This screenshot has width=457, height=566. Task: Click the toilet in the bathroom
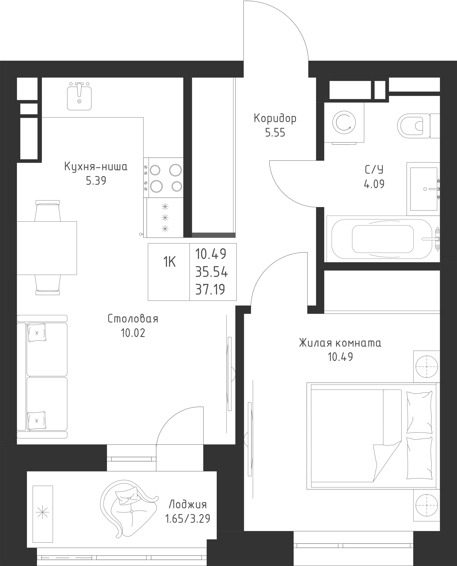coord(419,126)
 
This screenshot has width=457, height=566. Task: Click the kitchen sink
coord(79,96)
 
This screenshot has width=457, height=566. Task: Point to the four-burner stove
coord(163,178)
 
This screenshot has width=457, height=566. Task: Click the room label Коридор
coord(275,119)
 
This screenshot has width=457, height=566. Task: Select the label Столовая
coord(133,319)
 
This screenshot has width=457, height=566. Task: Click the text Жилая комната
coord(340,343)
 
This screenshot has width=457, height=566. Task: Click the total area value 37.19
coord(210,290)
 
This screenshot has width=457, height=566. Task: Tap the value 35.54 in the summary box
coord(211,272)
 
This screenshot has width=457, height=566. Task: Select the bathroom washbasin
coord(423,189)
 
